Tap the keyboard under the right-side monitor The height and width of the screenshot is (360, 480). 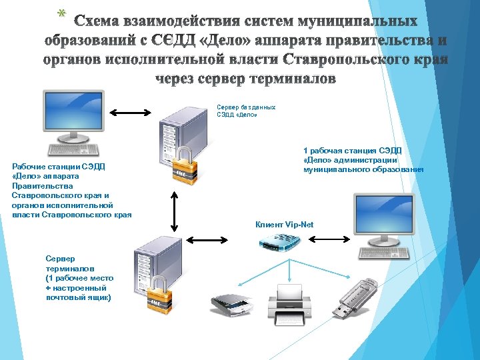[383, 253]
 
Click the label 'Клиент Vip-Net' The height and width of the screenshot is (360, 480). [284, 225]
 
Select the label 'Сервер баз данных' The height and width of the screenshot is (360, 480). [246, 107]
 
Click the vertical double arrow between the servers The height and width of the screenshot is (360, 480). [175, 211]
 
